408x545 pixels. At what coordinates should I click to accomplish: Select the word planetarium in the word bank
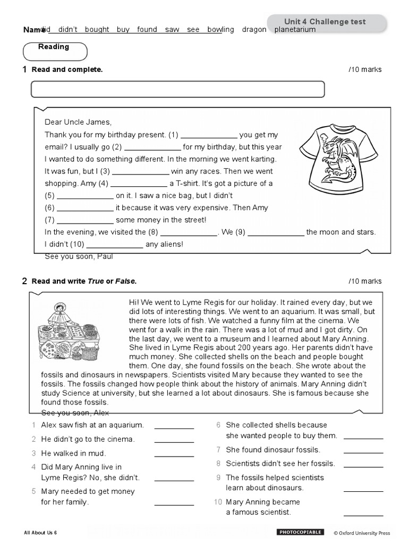point(295,30)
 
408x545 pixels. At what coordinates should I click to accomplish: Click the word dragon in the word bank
point(254,30)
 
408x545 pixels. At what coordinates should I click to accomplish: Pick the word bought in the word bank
point(97,30)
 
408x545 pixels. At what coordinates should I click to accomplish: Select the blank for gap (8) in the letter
point(189,232)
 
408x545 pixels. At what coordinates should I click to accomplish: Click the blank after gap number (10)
point(114,244)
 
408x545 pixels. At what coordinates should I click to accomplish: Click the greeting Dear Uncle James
point(78,122)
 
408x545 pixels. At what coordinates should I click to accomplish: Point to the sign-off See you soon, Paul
point(79,257)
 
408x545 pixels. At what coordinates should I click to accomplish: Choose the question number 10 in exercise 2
point(218,502)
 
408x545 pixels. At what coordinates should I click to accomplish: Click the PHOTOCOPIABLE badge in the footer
point(300,532)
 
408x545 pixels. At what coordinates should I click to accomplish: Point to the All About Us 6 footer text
point(40,532)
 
